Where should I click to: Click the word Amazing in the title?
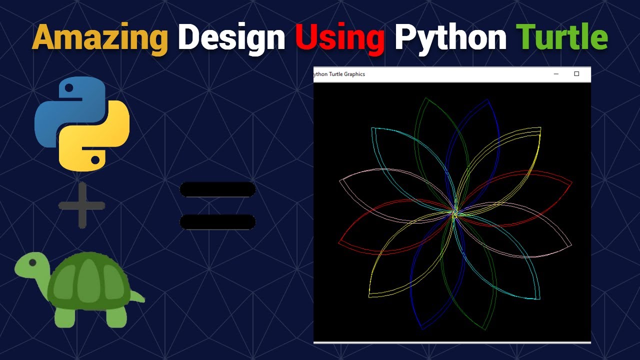(x=100, y=37)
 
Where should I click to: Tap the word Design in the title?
(x=231, y=37)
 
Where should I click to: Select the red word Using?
(x=339, y=37)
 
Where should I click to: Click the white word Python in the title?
(x=450, y=37)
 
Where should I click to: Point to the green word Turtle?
(x=561, y=37)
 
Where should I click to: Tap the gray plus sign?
(x=81, y=205)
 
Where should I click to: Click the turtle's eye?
(x=32, y=262)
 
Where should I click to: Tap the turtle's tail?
(x=140, y=298)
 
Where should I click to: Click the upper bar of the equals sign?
(x=217, y=189)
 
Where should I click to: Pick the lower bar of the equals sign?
(x=217, y=221)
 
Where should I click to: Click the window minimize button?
(x=556, y=74)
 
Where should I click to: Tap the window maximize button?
(x=576, y=74)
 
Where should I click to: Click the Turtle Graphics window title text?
(x=339, y=74)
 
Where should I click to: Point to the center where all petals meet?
(x=455, y=214)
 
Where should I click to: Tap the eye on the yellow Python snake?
(x=95, y=159)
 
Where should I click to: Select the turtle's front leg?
(x=65, y=317)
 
